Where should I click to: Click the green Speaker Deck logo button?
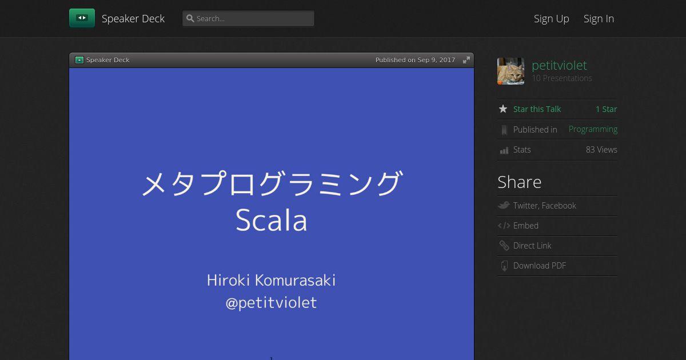(x=82, y=18)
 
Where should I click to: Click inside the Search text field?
(x=248, y=19)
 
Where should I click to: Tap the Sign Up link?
(x=551, y=19)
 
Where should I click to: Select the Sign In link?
(x=599, y=19)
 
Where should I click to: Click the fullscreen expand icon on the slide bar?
(x=466, y=60)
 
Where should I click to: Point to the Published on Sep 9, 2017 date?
(x=415, y=60)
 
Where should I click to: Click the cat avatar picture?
(x=510, y=71)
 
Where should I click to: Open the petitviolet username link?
(x=559, y=65)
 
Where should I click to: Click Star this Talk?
(x=537, y=109)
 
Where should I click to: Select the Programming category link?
(x=593, y=130)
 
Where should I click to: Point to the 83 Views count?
(x=601, y=150)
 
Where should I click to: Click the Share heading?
(x=520, y=182)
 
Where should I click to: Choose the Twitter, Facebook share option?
(x=544, y=205)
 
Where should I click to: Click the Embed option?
(x=525, y=226)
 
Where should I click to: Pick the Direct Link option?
(x=532, y=246)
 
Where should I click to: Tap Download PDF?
(x=539, y=266)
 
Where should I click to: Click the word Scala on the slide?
(x=272, y=220)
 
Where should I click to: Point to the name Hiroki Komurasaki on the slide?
(x=272, y=281)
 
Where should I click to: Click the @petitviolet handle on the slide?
(x=272, y=303)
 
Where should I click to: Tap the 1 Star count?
(x=607, y=109)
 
